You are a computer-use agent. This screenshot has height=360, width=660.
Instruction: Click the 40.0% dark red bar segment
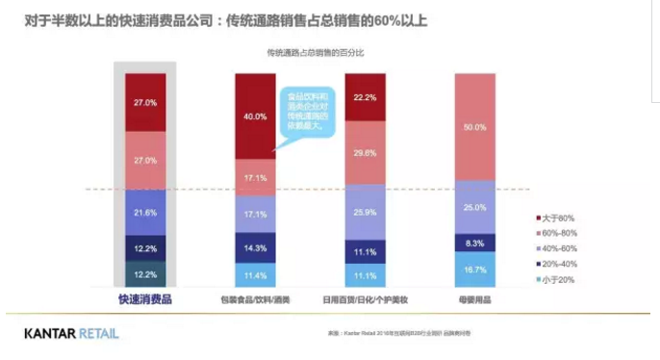pos(254,116)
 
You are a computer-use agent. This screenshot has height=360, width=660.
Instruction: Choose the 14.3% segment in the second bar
pos(254,248)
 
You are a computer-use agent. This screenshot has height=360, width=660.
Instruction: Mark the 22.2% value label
pos(365,98)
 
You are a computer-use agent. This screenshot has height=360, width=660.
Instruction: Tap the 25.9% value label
pos(365,212)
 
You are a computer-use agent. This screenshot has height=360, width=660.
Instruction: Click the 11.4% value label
pos(254,275)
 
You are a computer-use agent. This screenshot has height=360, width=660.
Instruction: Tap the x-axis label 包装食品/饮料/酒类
pos(254,300)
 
